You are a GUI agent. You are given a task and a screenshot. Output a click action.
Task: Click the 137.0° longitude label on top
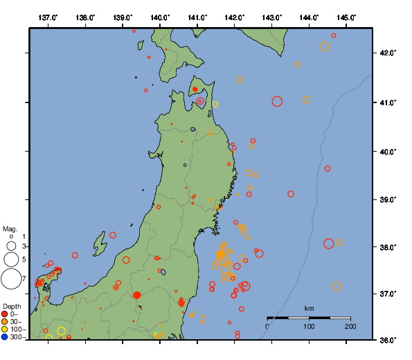pos(48,17)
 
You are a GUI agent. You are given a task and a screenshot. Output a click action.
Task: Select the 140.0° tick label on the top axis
pos(160,17)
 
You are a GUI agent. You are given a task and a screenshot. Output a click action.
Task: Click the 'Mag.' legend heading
pos(10,228)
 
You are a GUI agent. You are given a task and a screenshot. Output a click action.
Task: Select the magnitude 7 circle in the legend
pos(11,279)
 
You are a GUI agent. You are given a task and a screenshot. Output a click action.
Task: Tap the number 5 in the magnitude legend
pos(24,259)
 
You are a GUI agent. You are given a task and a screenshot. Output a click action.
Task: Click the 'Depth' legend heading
pos(12,305)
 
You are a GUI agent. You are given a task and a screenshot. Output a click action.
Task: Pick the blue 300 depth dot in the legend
pos(5,337)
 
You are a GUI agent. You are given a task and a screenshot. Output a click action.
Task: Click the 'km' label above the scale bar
pos(309,308)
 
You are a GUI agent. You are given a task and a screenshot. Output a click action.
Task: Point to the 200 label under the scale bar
pos(350,326)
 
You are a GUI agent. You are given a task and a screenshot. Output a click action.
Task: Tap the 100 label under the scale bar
pos(309,326)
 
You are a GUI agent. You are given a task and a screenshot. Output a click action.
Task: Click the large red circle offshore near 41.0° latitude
pos(278,101)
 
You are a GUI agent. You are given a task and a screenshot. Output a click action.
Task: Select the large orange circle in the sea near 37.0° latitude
pos(337,286)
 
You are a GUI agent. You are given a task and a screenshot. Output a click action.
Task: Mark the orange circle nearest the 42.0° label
pos(324,46)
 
